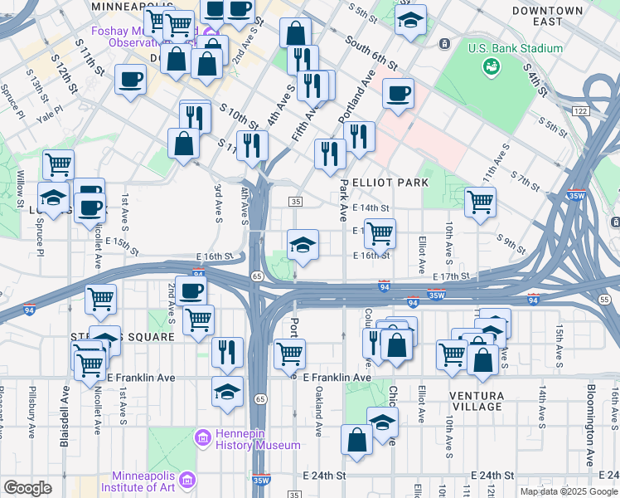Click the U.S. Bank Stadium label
515,48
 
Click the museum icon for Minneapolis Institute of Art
187,481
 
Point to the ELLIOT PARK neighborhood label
390,182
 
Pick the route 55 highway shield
604,299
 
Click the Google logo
28,488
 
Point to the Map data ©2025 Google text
568,491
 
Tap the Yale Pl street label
49,110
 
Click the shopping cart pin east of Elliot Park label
480,201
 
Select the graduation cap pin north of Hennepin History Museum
227,391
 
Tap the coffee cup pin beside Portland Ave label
398,92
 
